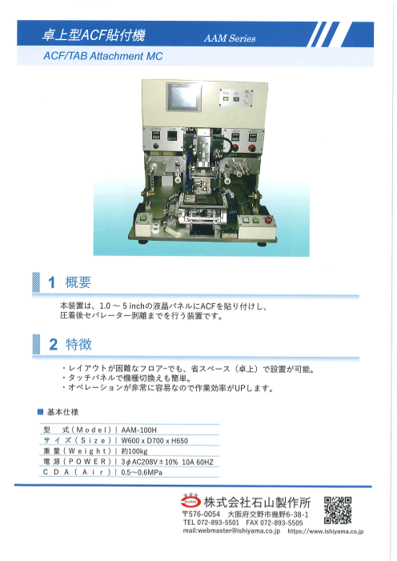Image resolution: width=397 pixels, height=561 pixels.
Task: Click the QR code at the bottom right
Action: coord(338,509)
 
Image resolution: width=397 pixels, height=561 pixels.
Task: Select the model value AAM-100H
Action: coord(139,430)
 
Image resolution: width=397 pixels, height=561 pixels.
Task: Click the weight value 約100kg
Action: coord(134,451)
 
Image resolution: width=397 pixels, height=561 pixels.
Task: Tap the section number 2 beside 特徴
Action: coord(53,345)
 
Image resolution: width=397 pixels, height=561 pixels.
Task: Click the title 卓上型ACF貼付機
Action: coord(94,35)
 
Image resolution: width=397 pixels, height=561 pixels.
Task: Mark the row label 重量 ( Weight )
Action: coord(78,451)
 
